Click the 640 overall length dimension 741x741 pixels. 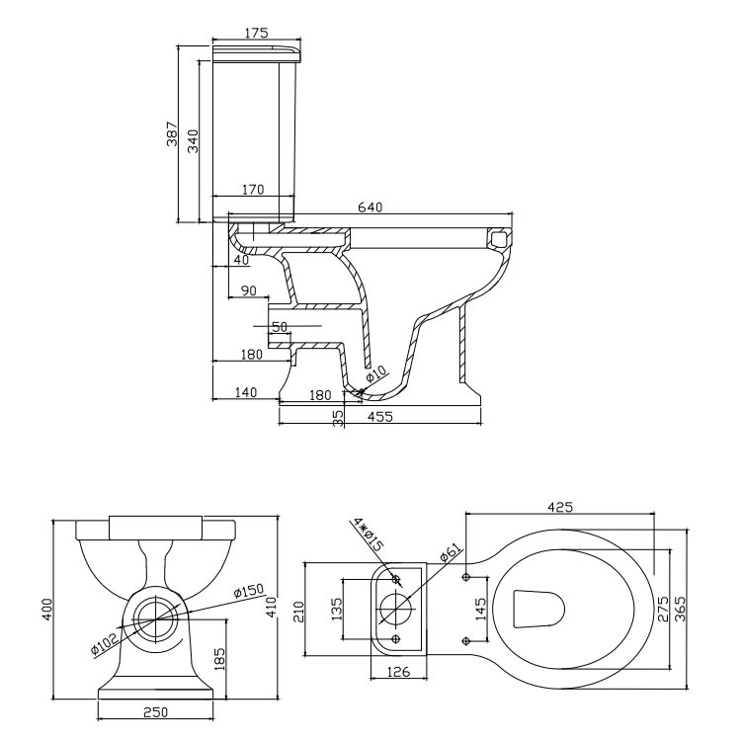pos(370,206)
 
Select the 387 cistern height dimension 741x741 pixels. pos(171,133)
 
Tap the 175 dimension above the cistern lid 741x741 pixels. pos(256,34)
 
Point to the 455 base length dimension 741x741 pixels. pos(380,417)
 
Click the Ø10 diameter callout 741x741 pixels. pos(375,376)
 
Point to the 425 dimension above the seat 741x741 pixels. pos(560,508)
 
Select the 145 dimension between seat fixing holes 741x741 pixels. pos(481,606)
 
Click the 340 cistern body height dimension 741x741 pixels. pos(194,140)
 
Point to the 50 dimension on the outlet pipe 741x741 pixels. pos(279,326)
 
